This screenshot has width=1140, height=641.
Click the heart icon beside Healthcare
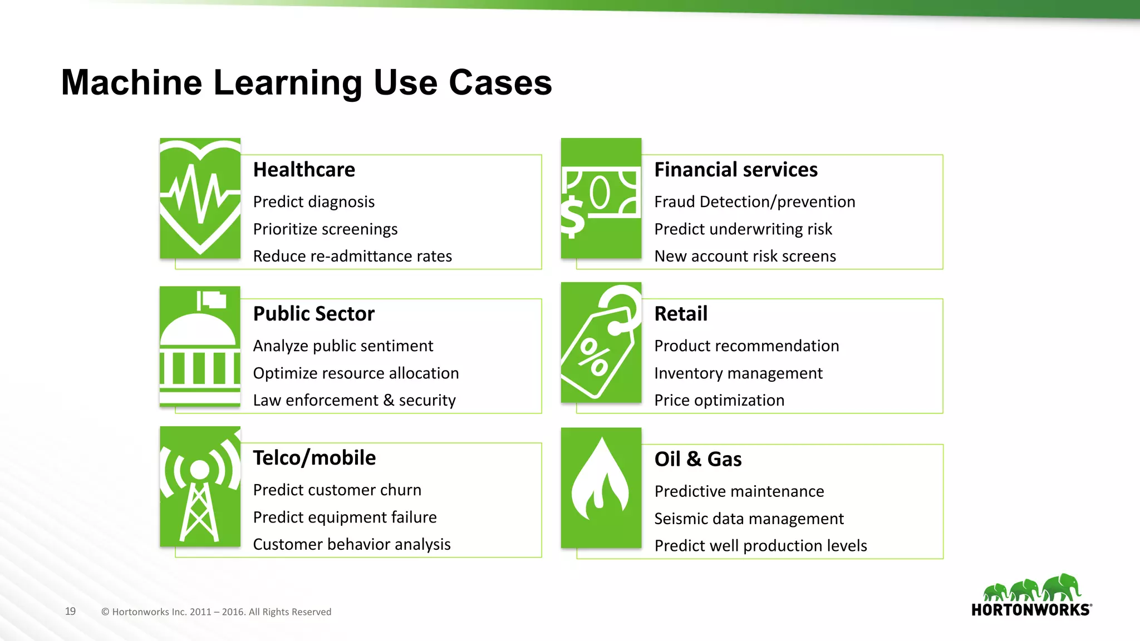200,198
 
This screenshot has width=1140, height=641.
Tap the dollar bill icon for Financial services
601,199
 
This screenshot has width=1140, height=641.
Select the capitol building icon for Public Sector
200,346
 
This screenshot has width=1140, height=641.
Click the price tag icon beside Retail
601,343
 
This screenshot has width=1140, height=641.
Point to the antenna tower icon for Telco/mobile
200,487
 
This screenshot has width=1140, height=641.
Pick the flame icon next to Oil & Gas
601,487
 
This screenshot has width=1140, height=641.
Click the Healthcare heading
304,170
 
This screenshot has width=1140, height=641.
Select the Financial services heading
736,170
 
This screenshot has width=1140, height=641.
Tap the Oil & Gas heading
698,460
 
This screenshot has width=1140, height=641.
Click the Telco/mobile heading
315,458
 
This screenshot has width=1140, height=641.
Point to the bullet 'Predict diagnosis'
314,202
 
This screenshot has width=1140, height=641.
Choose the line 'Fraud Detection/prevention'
755,202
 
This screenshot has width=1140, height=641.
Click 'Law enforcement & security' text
355,401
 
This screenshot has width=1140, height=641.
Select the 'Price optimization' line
719,401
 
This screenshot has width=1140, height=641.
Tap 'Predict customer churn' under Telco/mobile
337,490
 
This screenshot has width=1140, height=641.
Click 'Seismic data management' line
749,519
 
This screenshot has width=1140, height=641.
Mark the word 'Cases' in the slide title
500,82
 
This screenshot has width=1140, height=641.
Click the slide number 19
70,612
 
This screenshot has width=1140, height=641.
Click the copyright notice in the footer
217,612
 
